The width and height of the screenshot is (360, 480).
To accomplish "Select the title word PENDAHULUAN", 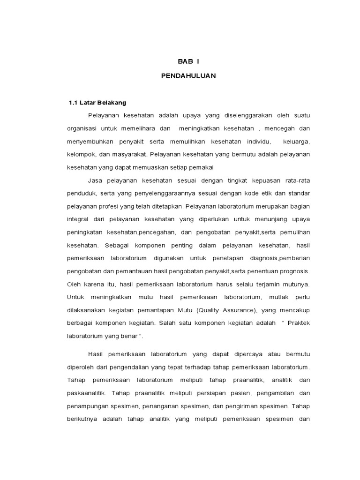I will [188, 76].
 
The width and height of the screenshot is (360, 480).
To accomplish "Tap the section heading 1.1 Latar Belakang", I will [97, 102].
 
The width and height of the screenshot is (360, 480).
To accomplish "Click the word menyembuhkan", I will [90, 142].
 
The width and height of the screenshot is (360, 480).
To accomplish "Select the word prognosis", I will [294, 271].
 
